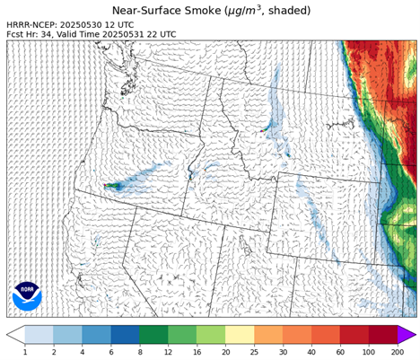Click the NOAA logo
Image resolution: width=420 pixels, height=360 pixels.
coord(27,294)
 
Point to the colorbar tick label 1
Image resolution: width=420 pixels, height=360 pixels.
coord(25,352)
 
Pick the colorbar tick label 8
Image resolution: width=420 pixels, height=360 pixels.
coord(139,352)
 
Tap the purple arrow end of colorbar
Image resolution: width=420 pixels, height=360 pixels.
coord(407,334)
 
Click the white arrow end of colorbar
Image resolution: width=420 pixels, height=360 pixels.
coord(15,334)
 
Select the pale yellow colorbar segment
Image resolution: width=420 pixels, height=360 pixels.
coord(240,334)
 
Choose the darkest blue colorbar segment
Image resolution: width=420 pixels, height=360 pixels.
coord(125,334)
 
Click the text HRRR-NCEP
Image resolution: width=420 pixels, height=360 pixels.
coord(35,24)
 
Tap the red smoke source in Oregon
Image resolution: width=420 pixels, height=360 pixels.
coord(109,186)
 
